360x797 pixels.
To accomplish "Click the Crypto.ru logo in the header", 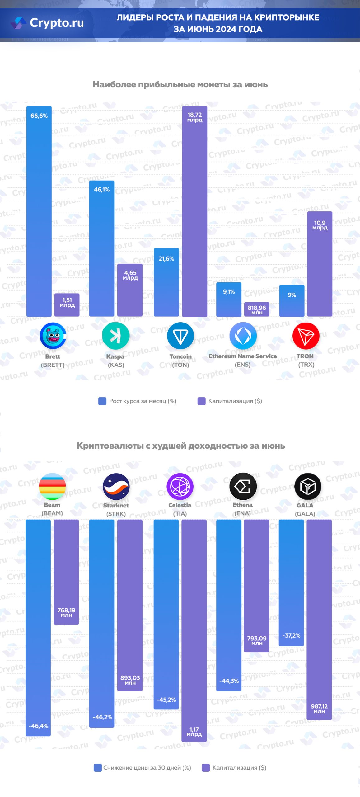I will (x=48, y=23).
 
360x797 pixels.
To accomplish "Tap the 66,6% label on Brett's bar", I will (x=39, y=116).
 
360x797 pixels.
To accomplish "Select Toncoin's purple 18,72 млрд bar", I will (x=194, y=212).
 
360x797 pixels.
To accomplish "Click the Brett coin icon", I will (x=53, y=336).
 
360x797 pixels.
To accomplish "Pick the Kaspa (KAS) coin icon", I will (x=116, y=336).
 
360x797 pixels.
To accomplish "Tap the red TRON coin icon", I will (x=306, y=336).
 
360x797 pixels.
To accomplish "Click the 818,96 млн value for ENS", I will (x=257, y=309).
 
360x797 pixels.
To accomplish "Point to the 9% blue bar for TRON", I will (x=292, y=301).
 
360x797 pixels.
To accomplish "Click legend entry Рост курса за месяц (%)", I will (x=137, y=401).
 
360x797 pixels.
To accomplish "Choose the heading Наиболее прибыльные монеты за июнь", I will (x=180, y=84).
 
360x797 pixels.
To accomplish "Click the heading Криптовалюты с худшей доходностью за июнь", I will (x=180, y=446).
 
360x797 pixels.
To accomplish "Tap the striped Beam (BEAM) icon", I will (x=52, y=486).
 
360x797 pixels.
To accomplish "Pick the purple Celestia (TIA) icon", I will (x=180, y=486).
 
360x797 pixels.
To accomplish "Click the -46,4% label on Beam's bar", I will (x=38, y=725).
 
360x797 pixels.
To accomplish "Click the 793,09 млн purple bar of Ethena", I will (x=256, y=585).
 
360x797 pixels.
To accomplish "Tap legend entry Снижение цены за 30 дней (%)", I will (x=142, y=767).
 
